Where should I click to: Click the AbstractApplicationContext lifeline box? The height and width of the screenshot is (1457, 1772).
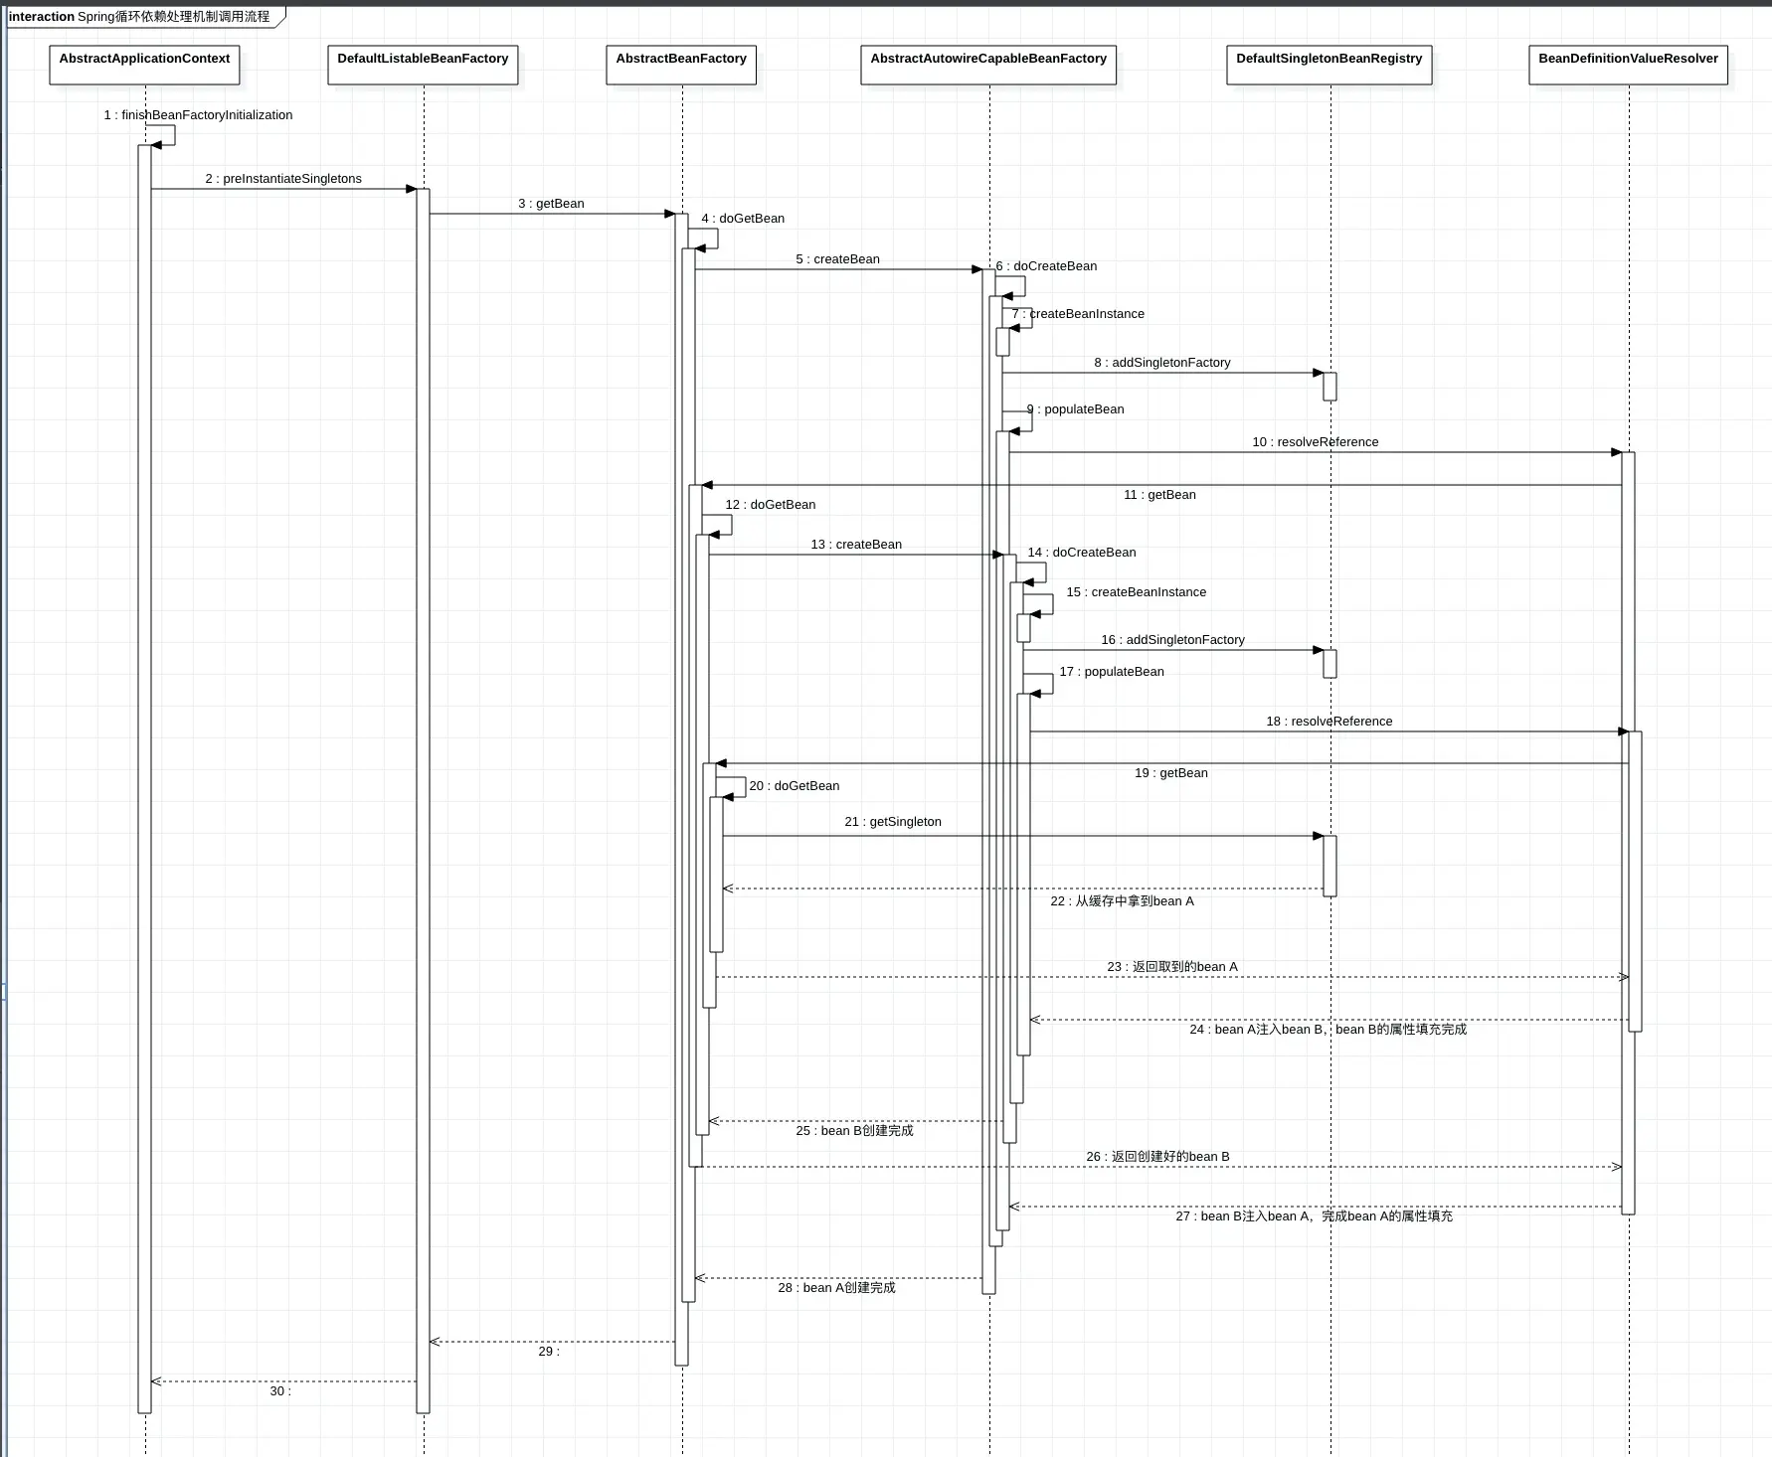[144, 64]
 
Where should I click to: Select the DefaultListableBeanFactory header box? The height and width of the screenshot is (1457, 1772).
[423, 64]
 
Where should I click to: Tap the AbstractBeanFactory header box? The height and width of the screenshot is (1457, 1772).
[681, 64]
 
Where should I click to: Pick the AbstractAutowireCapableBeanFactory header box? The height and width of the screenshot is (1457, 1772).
[988, 64]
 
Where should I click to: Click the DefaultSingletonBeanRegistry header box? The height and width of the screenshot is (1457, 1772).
[1329, 64]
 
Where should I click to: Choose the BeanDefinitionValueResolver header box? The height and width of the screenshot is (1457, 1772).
[1628, 64]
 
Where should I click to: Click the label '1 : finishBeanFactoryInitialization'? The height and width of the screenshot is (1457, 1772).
[198, 115]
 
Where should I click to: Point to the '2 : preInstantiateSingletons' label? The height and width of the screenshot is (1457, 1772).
[283, 179]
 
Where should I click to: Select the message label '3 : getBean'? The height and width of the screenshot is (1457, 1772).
[551, 204]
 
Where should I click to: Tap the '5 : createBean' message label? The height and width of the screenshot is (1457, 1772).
[837, 259]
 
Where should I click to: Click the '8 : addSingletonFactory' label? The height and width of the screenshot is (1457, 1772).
[1162, 363]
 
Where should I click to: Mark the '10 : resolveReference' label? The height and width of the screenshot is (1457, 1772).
[1315, 442]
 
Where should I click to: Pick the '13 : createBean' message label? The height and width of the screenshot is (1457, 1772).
[856, 545]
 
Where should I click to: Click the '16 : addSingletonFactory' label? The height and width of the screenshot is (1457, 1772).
[1172, 640]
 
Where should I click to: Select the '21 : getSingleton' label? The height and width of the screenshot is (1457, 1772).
[893, 822]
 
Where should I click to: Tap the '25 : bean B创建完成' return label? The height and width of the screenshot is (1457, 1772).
[854, 1131]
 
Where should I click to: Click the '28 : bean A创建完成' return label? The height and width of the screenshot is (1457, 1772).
[836, 1288]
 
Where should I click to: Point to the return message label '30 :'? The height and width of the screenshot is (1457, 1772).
[280, 1391]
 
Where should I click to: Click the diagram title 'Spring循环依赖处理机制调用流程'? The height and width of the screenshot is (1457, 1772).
[173, 17]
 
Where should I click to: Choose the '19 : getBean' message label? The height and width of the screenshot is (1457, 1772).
[1171, 773]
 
